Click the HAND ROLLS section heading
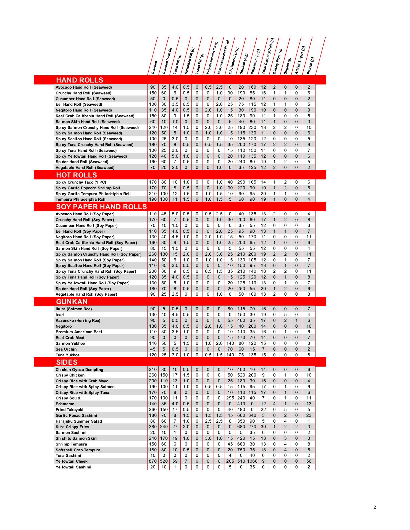tap(80, 80)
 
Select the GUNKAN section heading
tap(72, 302)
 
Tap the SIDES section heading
tap(67, 362)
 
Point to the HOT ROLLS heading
tap(77, 175)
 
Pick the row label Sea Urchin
tap(66, 349)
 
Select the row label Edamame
tap(65, 404)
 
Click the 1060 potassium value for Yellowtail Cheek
tap(252, 461)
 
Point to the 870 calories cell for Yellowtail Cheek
tap(153, 461)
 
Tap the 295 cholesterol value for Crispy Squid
tap(230, 398)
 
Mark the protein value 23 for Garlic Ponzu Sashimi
tap(309, 415)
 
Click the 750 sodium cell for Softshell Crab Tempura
tap(241, 450)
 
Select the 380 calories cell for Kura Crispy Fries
tap(153, 427)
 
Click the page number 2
tap(374, 507)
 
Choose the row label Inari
tap(60, 315)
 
